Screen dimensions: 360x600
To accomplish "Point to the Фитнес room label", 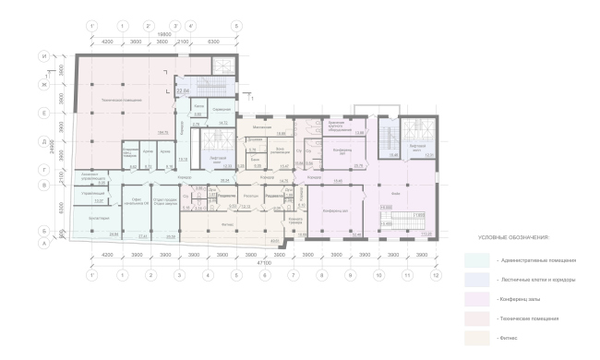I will click(227, 223).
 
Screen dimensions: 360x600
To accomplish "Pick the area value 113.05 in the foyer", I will click(426, 234).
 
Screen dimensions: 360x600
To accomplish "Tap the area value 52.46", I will click(356, 234).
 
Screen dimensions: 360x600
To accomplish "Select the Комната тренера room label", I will click(295, 220).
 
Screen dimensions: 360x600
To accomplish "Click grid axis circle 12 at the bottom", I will click(433, 275).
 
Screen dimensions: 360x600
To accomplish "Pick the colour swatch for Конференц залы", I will click(478, 297).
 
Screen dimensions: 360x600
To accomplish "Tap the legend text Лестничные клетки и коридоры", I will click(529, 278).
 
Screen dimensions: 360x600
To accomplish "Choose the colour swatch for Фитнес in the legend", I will click(478, 338).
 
